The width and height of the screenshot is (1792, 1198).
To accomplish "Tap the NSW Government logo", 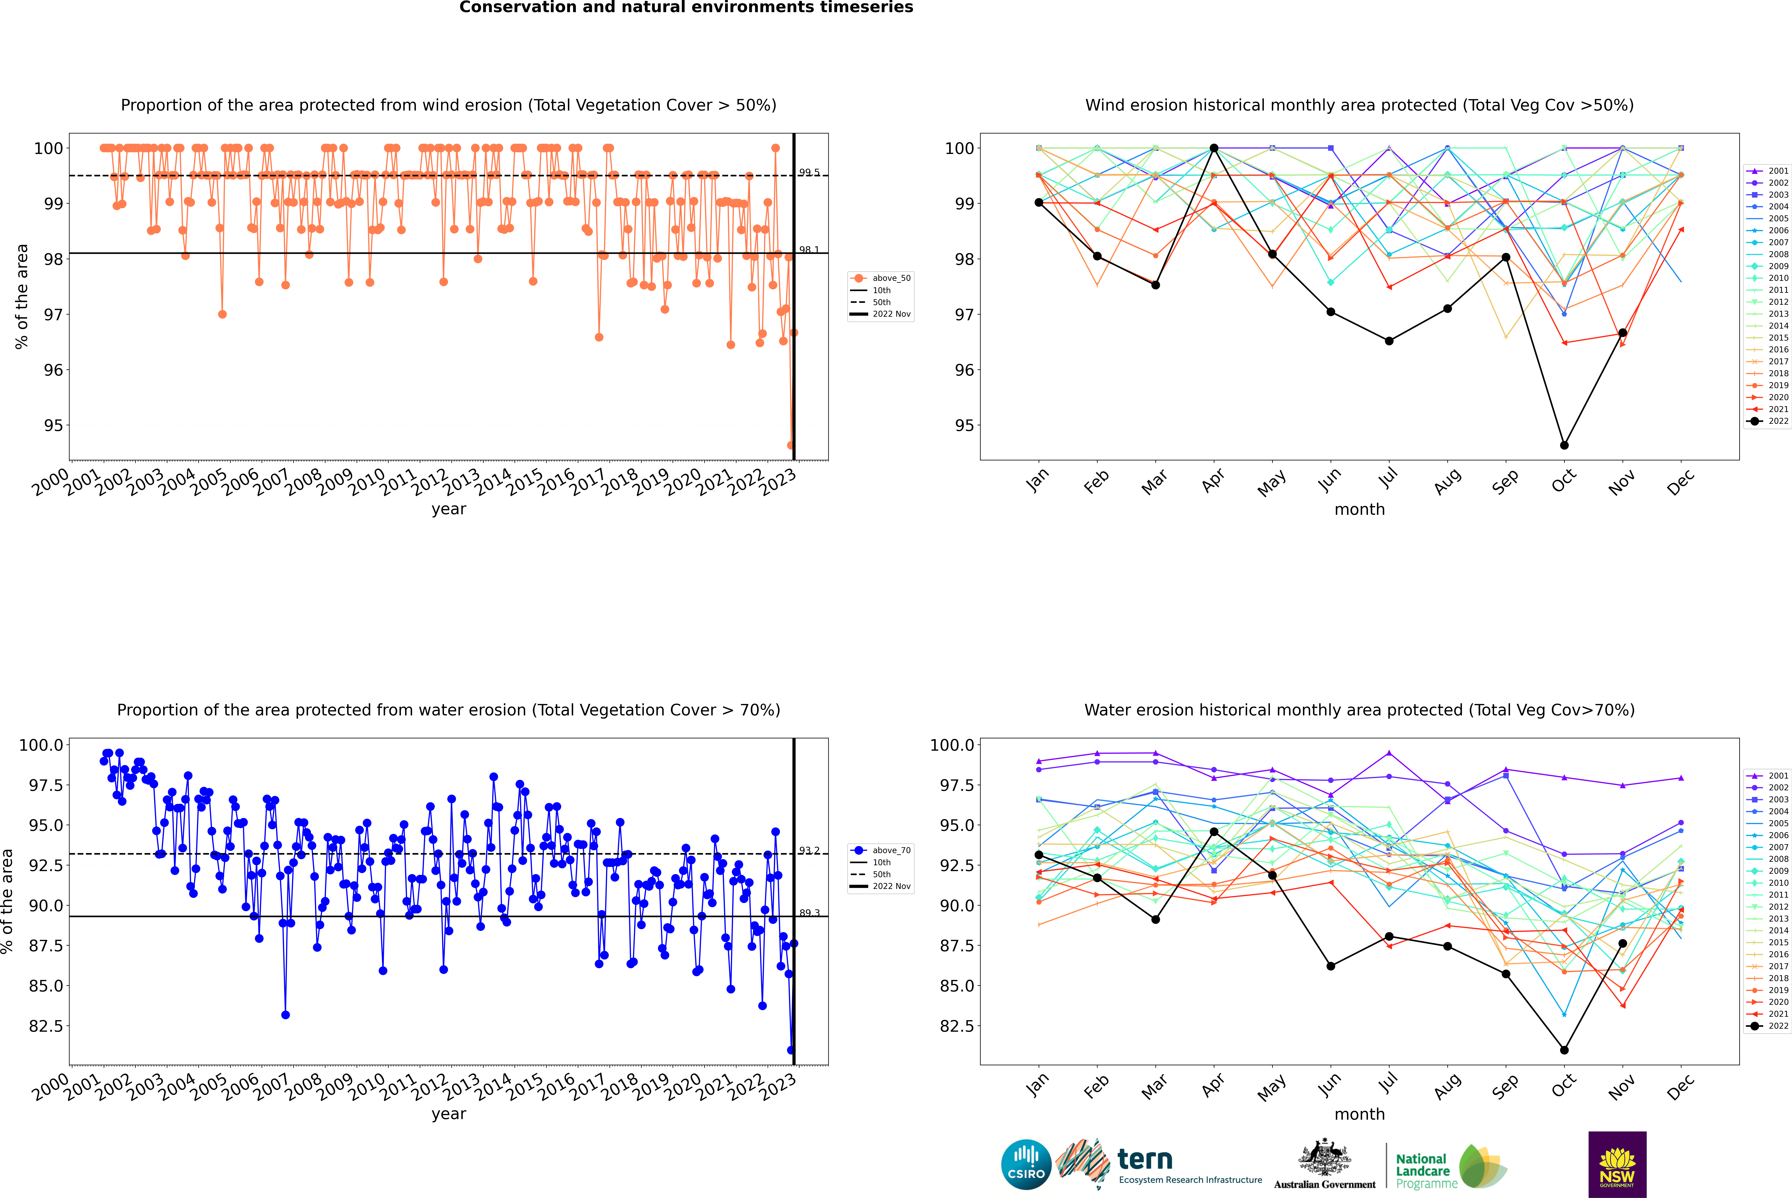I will (x=1617, y=1164).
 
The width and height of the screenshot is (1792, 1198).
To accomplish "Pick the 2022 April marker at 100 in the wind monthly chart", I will (x=1214, y=148).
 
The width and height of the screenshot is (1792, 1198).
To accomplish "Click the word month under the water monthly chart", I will (x=1359, y=1114).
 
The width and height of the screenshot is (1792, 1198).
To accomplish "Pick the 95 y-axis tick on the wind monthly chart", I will (x=964, y=426).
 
